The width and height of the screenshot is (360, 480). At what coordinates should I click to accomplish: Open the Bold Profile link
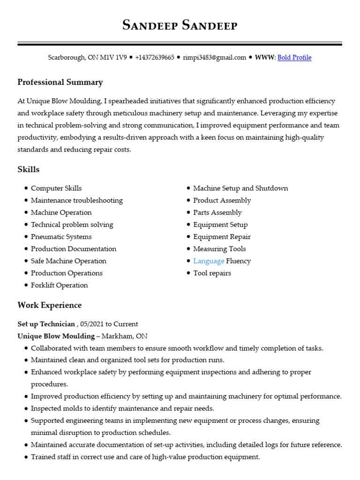(294, 58)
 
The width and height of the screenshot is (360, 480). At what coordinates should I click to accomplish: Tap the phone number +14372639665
(155, 58)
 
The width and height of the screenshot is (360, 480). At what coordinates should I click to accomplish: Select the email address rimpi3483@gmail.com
(214, 58)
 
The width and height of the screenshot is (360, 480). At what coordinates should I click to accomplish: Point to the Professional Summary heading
(60, 82)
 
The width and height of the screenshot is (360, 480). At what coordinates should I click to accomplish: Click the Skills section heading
(29, 170)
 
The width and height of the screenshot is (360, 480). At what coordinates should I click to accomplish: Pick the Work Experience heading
(50, 306)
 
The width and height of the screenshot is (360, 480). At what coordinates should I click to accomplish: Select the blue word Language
(209, 261)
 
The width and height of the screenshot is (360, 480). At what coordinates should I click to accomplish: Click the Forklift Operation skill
(59, 285)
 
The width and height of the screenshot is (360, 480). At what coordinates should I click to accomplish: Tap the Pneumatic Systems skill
(61, 237)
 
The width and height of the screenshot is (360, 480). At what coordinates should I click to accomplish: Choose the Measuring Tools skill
(219, 249)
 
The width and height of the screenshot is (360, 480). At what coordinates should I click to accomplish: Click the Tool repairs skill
(212, 273)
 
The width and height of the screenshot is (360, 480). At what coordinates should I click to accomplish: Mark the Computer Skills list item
(56, 188)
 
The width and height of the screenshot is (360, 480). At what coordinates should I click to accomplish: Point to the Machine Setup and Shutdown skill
(240, 188)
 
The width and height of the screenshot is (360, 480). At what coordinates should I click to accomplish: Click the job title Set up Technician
(46, 324)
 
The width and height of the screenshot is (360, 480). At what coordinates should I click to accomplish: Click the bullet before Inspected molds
(25, 409)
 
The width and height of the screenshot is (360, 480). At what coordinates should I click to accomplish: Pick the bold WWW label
(264, 58)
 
